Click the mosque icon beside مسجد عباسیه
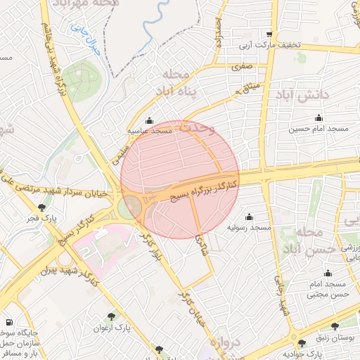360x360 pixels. click(x=148, y=120)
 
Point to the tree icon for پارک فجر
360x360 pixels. click(x=43, y=208)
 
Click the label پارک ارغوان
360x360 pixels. click(x=112, y=328)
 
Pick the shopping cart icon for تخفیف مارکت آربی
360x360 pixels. click(x=269, y=34)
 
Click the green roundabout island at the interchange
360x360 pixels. click(x=129, y=208)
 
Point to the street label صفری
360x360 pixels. click(x=242, y=67)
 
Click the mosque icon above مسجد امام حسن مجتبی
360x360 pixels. click(x=327, y=274)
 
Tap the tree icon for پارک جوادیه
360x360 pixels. click(x=302, y=344)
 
